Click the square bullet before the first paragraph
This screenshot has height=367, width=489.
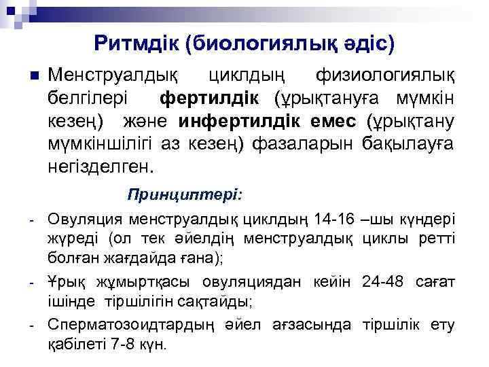tap(33, 74)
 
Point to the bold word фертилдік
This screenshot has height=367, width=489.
tap(209, 98)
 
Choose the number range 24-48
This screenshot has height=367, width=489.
tap(382, 281)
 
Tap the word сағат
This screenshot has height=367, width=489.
tap(432, 281)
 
